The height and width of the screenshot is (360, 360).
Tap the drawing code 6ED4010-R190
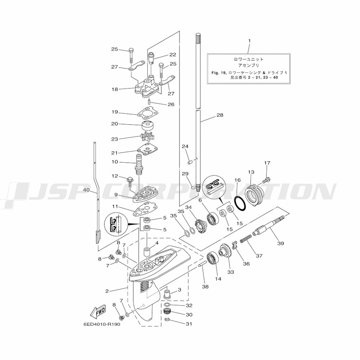102,324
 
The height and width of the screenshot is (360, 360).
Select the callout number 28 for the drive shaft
220,115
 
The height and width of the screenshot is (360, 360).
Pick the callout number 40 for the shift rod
86,190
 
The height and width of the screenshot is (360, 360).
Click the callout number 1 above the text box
249,41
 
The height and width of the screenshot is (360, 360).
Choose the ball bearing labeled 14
212,259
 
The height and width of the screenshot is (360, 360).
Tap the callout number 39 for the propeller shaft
280,243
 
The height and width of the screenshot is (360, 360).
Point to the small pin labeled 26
149,101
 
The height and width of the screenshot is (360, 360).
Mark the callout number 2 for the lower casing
107,291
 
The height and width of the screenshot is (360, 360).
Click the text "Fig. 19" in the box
219,73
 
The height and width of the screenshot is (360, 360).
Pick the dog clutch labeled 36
234,245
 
